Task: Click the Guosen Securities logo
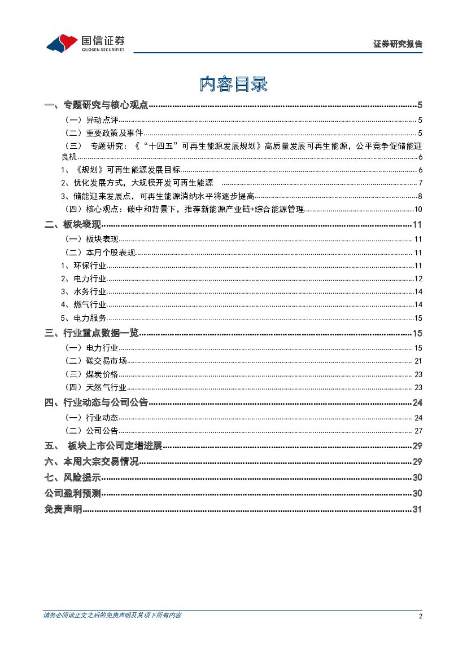pos(85,42)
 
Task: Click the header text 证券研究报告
pos(398,44)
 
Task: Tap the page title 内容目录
pos(233,84)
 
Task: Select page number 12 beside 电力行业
pos(418,278)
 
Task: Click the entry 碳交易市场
pos(106,361)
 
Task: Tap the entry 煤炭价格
pos(102,374)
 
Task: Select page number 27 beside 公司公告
pos(418,431)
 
